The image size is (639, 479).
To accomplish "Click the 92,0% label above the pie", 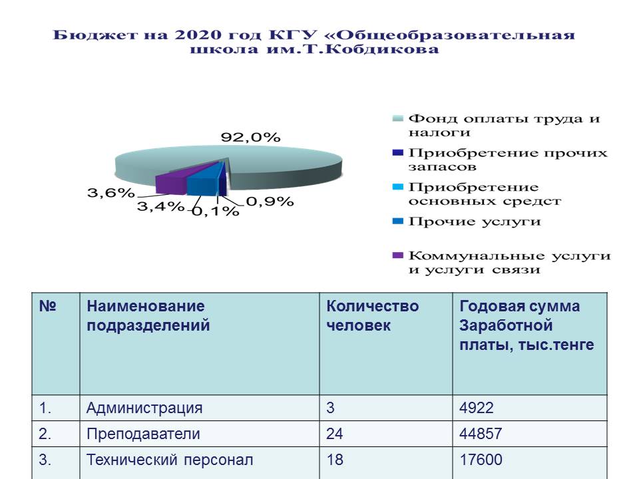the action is [x=250, y=137].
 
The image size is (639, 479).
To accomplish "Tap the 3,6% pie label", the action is [x=111, y=192].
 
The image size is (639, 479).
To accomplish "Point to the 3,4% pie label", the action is [x=160, y=206].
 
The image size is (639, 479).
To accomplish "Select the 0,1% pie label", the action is [x=215, y=211].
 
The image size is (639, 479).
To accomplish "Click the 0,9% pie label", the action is [x=270, y=201].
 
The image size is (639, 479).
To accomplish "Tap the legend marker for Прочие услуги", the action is [x=397, y=221].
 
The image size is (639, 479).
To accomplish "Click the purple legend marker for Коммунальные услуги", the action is [x=397, y=255].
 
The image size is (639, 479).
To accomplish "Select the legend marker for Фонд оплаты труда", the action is [x=397, y=118].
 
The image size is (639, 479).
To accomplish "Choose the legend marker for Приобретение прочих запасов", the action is [x=397, y=153].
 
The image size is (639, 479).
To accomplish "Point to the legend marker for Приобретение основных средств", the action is [x=397, y=187].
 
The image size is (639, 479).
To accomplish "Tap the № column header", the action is [x=48, y=306].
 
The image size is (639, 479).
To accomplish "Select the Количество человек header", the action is [x=372, y=315].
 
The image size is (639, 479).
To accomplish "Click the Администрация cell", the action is [x=144, y=408].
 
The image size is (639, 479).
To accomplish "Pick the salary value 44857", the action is [x=481, y=434].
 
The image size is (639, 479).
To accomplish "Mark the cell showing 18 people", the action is [x=335, y=460].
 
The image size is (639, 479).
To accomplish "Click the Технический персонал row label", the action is [x=170, y=460].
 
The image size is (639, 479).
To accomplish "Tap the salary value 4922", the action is [x=477, y=408].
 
